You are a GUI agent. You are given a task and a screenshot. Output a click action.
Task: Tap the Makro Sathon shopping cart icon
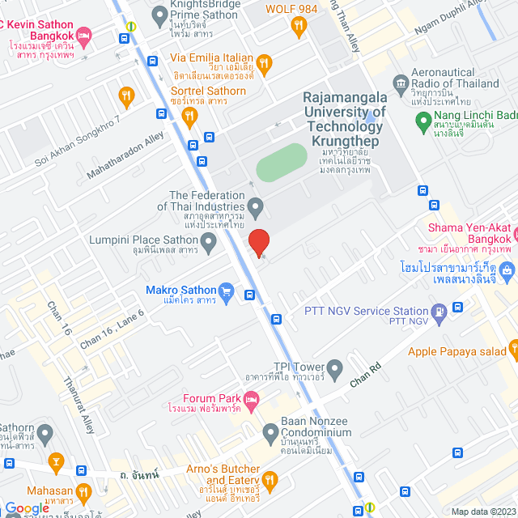[227, 290]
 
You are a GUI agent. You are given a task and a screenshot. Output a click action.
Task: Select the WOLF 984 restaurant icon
[299, 26]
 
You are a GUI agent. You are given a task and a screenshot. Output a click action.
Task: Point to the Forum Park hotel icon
[252, 399]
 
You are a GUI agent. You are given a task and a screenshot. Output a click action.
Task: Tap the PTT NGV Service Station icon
[439, 311]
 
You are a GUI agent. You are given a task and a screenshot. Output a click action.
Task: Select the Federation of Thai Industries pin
[255, 208]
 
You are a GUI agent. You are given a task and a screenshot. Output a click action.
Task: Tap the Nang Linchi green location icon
[422, 122]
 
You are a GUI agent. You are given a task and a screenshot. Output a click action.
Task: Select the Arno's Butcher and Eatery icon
[270, 481]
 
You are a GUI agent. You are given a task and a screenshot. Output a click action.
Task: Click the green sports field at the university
[281, 164]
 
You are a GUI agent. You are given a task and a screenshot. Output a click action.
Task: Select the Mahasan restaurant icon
[83, 490]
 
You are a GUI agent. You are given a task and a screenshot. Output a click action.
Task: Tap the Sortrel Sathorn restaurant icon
[190, 117]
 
